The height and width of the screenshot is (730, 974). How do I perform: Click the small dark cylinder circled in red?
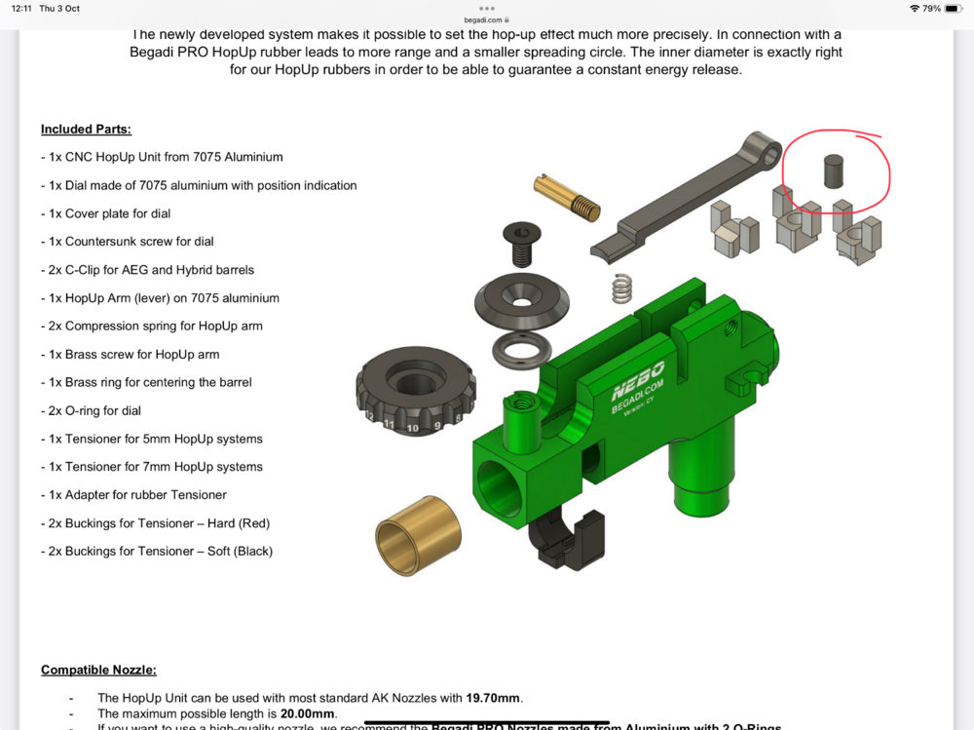pos(833,172)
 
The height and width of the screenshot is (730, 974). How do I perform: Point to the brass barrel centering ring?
pos(418,547)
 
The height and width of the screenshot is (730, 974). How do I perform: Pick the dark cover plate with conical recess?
pos(523,303)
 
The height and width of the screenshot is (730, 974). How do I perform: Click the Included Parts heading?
pos(86,130)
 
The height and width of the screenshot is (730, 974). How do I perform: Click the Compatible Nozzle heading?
pos(98,670)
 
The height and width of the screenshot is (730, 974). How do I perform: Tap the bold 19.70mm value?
pos(494,698)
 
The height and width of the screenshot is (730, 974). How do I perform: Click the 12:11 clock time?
pos(22,9)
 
